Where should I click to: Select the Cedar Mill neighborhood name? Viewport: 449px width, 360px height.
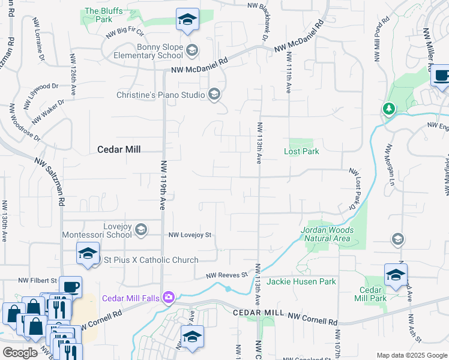pyautogui.click(x=119, y=149)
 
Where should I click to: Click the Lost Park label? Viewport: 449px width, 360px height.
pyautogui.click(x=301, y=151)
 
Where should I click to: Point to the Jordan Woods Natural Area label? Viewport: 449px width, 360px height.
pyautogui.click(x=325, y=234)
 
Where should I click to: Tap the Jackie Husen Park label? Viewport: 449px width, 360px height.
pyautogui.click(x=301, y=281)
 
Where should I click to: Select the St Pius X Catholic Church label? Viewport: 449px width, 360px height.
pyautogui.click(x=151, y=260)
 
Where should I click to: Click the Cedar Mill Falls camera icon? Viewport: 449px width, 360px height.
pyautogui.click(x=169, y=296)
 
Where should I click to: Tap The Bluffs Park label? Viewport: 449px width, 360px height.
pyautogui.click(x=98, y=15)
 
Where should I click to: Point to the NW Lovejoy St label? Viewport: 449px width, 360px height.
pyautogui.click(x=190, y=235)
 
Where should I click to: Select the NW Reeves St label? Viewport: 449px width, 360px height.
pyautogui.click(x=227, y=275)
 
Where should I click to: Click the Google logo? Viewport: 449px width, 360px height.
pyautogui.click(x=19, y=353)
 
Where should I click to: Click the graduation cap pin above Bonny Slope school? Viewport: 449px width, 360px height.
pyautogui.click(x=187, y=20)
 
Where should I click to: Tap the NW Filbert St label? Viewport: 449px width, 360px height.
pyautogui.click(x=37, y=280)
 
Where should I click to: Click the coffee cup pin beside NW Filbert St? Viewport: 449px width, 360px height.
pyautogui.click(x=70, y=286)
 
